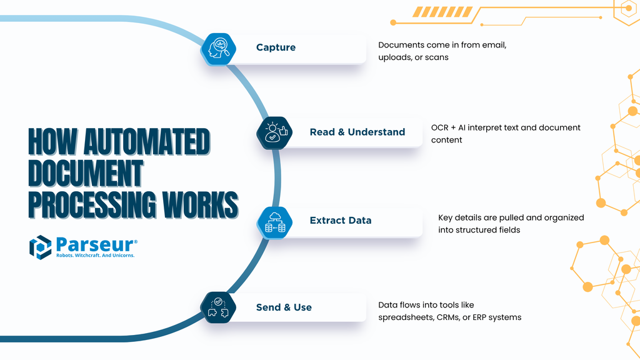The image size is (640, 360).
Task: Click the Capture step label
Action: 276,47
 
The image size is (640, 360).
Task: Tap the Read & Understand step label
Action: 357,132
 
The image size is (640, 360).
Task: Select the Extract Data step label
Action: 341,220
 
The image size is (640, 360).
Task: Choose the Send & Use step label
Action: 284,307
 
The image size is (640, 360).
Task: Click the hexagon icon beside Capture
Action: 219,48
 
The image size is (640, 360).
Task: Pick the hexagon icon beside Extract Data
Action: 275,221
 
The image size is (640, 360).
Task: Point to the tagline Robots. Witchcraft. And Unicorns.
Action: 96,256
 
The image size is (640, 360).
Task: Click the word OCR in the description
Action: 439,127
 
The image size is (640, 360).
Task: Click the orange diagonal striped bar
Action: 434,12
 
